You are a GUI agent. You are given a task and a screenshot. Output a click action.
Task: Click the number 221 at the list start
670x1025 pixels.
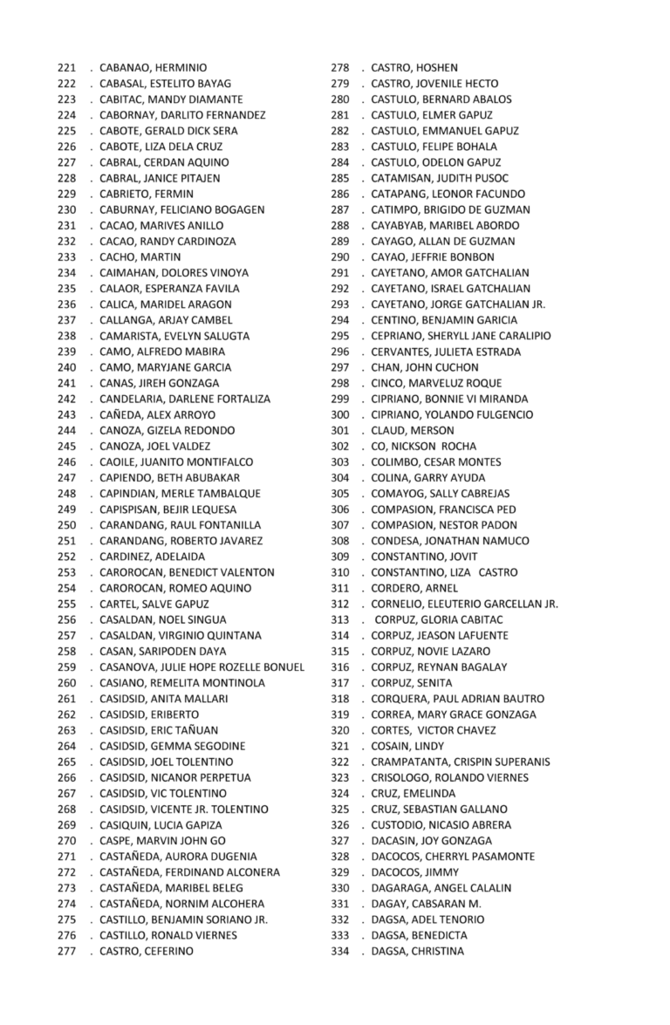coord(66,68)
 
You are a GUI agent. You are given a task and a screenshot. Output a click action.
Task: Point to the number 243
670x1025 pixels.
coord(66,415)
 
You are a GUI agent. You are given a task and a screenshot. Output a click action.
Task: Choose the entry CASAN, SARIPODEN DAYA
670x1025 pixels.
coord(162,652)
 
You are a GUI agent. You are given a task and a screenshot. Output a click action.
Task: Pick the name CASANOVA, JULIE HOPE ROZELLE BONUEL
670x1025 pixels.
coord(202,667)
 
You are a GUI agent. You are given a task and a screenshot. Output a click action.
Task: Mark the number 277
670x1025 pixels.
coord(66,951)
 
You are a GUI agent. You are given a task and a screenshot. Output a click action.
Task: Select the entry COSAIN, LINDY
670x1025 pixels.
coord(407,746)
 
